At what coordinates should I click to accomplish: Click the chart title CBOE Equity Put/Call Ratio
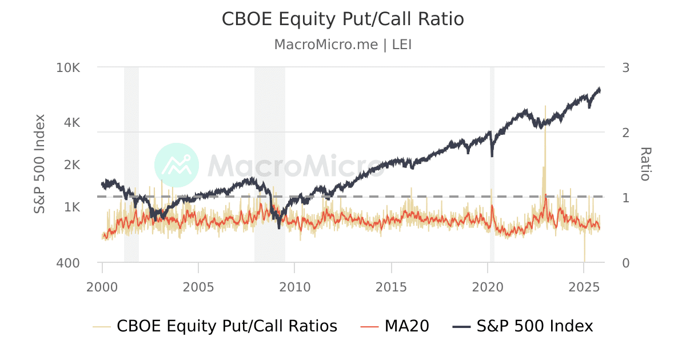point(342,19)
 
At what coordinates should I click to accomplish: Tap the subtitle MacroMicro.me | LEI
point(342,45)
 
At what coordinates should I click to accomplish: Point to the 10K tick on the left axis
point(69,67)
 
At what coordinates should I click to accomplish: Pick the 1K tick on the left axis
point(71,207)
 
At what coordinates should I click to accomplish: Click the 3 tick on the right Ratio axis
point(625,67)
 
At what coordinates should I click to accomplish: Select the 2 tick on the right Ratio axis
point(625,133)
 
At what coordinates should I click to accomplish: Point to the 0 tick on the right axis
point(625,263)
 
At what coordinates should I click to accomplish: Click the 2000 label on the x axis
point(102,286)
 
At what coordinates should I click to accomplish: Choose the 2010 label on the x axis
point(295,286)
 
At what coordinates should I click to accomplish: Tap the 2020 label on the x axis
point(488,286)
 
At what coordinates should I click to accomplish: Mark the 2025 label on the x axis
point(584,286)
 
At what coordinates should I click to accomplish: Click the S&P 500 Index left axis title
point(39,165)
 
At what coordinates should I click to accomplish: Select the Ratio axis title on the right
point(645,165)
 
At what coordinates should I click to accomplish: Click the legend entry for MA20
point(395,326)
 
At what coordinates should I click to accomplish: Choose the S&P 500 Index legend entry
point(523,326)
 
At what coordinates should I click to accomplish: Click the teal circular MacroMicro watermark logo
point(177,165)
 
